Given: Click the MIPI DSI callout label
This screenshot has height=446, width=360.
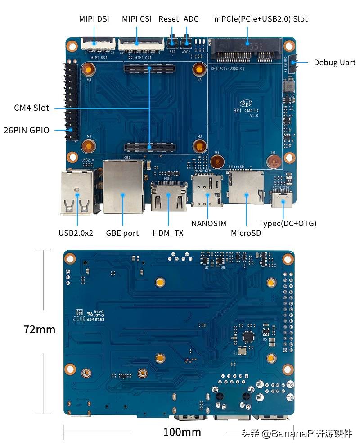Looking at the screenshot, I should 94,19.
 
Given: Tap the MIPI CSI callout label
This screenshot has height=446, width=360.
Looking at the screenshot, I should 137,19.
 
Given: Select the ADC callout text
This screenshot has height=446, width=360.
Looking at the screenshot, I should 191,19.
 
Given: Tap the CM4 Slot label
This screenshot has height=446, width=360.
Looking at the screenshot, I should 31,108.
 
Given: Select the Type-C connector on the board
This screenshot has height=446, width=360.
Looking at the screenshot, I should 283,199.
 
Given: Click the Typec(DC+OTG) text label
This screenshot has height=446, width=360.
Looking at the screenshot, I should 287,223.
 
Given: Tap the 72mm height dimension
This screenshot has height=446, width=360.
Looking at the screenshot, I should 39,329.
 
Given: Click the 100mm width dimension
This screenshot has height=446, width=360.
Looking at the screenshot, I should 182,432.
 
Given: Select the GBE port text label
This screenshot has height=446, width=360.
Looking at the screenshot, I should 122,233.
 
